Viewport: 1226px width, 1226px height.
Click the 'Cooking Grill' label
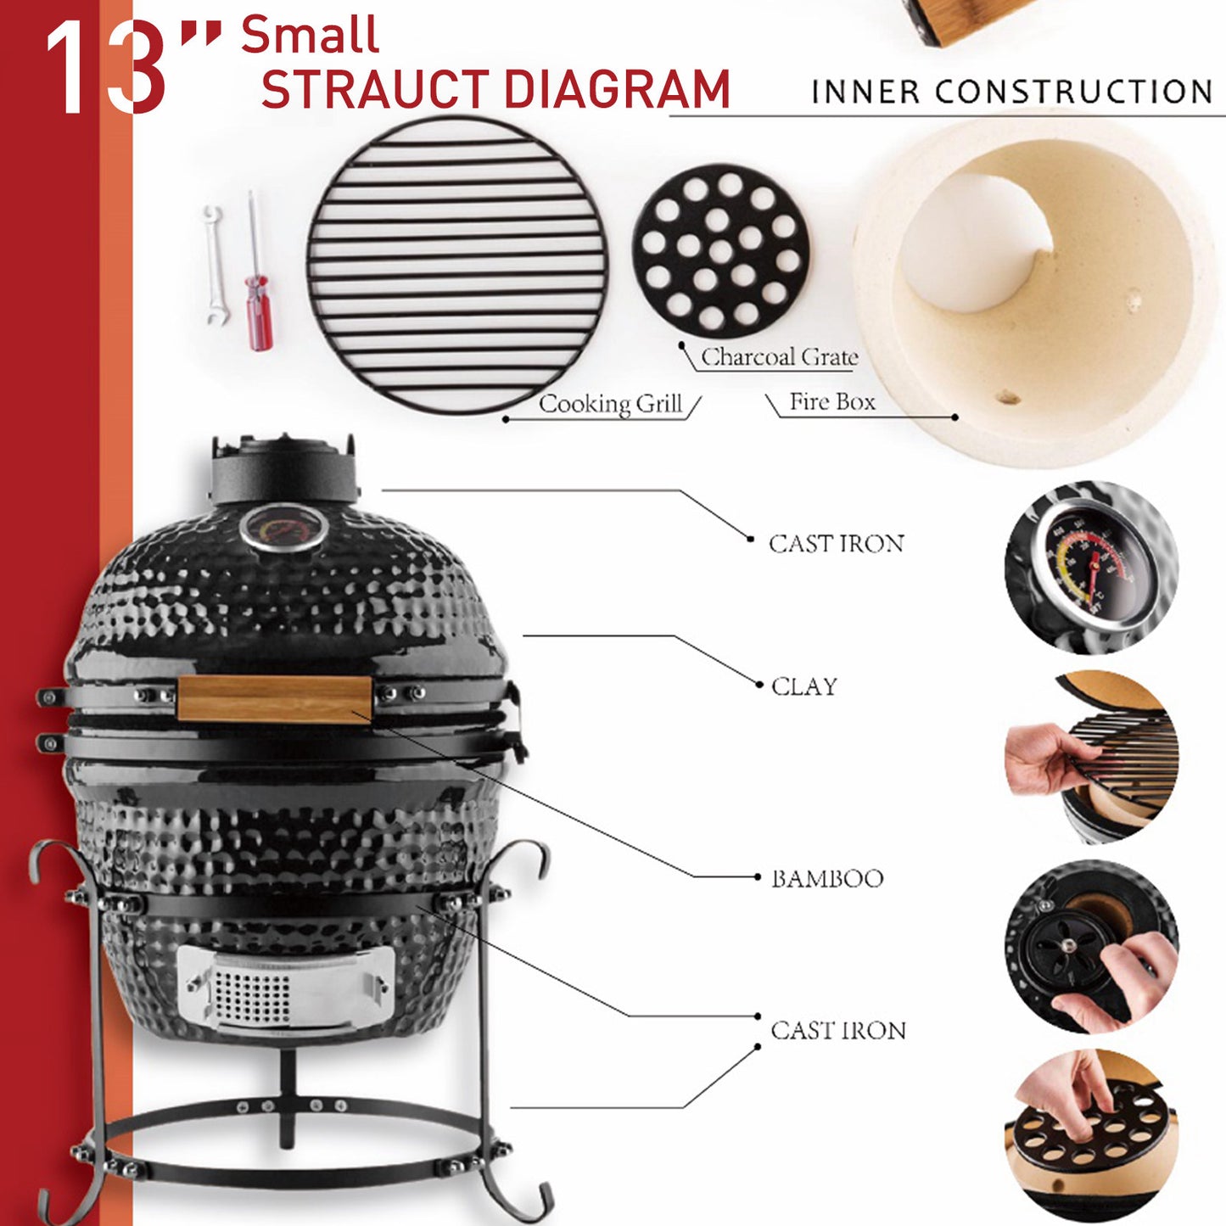coord(610,404)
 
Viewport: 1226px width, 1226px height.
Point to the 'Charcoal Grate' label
coord(779,357)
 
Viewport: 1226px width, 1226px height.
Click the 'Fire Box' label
coord(831,401)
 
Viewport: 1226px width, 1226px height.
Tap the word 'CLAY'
coord(803,686)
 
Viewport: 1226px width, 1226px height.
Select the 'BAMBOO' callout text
coord(826,878)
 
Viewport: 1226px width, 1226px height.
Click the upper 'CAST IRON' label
coord(836,543)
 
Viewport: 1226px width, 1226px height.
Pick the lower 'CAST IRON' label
coord(837,1030)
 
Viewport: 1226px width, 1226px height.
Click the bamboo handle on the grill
coord(274,699)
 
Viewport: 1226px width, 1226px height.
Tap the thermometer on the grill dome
coord(283,528)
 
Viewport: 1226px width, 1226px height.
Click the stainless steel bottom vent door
coord(285,988)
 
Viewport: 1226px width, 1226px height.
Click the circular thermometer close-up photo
coord(1092,567)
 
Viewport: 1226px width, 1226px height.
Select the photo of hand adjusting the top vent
coord(1092,947)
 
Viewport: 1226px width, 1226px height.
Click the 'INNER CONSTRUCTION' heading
coord(1011,92)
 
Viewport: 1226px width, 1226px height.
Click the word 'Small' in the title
coord(310,36)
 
